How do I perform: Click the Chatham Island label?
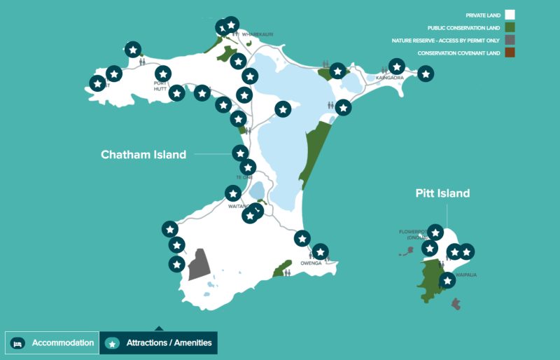coord(143,155)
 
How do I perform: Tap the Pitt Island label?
coord(442,193)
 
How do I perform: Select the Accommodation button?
coord(52,342)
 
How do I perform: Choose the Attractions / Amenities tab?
coord(158,343)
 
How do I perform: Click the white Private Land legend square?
coord(510,14)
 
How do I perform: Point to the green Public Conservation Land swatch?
coord(510,27)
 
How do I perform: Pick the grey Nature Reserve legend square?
coord(510,41)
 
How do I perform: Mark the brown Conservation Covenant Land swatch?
coord(510,53)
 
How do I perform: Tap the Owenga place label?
coord(310,263)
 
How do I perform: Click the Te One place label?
coord(244,177)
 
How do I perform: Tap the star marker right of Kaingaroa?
coord(426,73)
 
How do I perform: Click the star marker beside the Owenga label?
coord(320,251)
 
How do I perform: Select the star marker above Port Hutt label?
coord(163,73)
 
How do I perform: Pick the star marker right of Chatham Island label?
coord(240,153)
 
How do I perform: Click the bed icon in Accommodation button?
coord(19,343)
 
